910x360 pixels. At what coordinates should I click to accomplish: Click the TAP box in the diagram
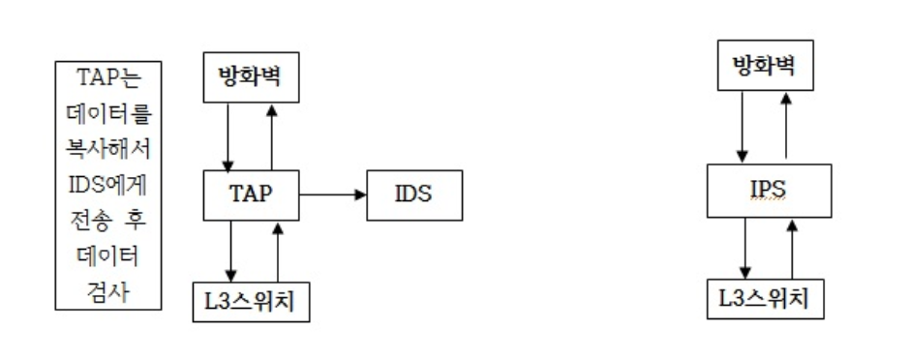(252, 194)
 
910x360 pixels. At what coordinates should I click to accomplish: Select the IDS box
(413, 194)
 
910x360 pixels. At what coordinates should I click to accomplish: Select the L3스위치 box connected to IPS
(766, 299)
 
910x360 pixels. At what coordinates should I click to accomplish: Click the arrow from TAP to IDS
(333, 195)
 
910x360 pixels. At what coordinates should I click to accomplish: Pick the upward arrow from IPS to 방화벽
(784, 124)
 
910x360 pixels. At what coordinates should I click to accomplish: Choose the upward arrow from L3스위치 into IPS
(792, 250)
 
